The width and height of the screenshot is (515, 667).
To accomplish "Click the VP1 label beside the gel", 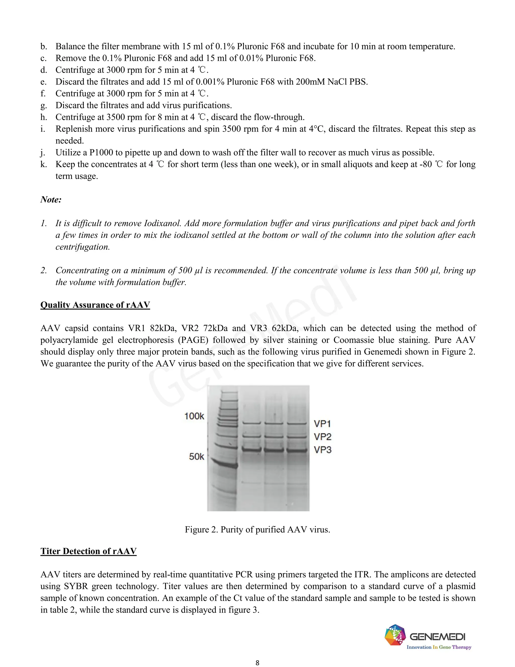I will (322, 424).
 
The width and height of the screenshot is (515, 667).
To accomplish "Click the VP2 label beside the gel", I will (322, 437).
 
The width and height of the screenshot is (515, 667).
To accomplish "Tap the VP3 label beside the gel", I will (322, 450).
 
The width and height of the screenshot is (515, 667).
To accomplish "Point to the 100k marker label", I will (194, 416).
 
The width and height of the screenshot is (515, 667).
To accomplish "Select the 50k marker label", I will (196, 457).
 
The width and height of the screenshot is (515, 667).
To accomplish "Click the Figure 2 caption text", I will (257, 529).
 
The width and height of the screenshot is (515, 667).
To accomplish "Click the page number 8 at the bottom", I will (257, 662).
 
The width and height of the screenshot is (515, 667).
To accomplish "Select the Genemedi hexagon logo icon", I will (395, 635).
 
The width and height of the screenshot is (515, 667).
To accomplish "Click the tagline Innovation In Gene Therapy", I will (439, 647).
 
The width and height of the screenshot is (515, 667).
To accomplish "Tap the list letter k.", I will (43, 164).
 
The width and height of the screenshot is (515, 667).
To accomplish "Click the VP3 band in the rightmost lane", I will (296, 450).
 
